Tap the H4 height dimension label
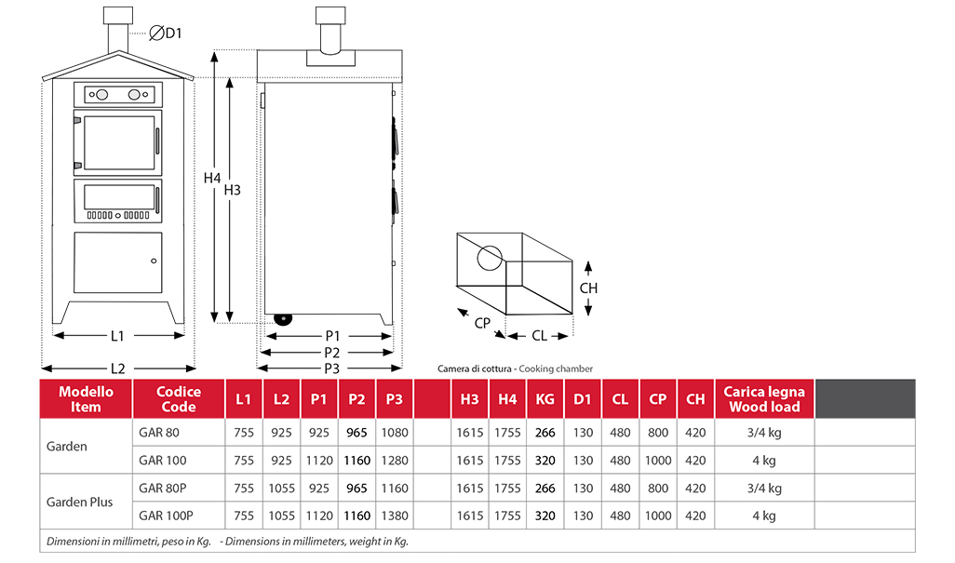click(x=212, y=177)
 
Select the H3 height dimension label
click(x=233, y=190)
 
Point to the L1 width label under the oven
click(x=118, y=335)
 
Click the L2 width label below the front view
click(x=118, y=368)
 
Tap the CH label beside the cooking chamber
click(x=588, y=288)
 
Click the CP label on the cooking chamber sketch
click(x=482, y=323)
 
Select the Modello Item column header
click(x=86, y=399)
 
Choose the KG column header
click(x=545, y=399)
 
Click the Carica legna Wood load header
click(x=763, y=399)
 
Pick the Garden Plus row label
click(x=79, y=502)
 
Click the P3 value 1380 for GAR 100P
click(x=394, y=516)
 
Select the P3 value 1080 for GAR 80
click(x=394, y=433)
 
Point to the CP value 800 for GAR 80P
click(x=657, y=488)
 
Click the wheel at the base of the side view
click(x=282, y=319)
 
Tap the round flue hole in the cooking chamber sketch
click(x=489, y=256)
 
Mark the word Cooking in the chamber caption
click(x=539, y=369)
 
